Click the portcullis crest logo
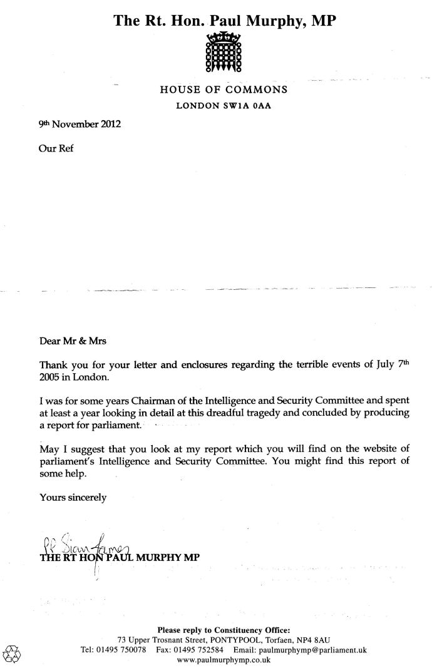point(224,53)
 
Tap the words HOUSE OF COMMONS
point(224,90)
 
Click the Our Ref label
point(56,150)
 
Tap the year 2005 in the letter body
point(53,376)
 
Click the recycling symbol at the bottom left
point(12,653)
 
